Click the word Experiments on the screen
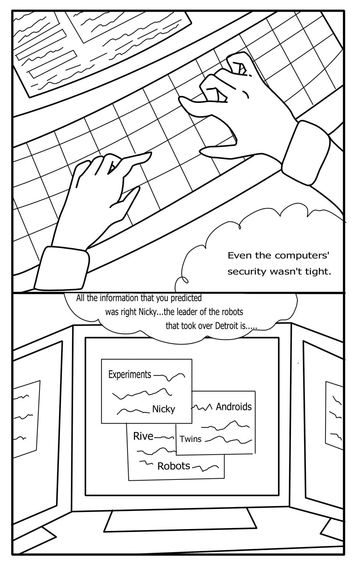click(130, 374)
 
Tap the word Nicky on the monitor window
click(164, 409)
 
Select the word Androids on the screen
click(234, 406)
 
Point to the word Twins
click(190, 439)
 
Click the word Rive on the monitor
click(143, 436)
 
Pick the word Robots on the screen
click(173, 466)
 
